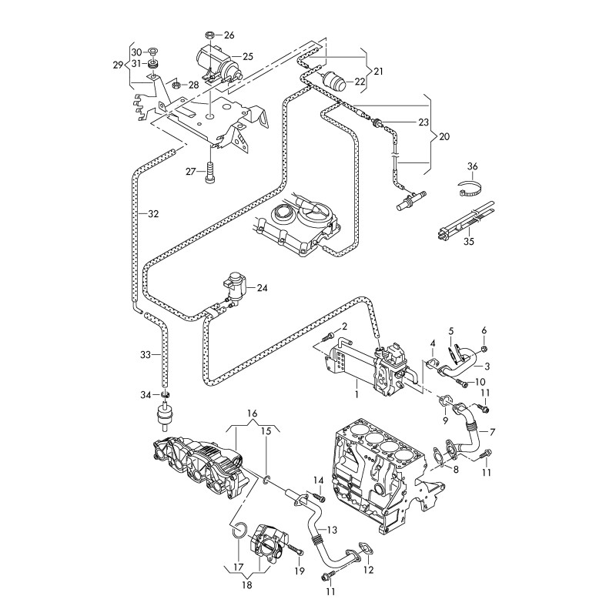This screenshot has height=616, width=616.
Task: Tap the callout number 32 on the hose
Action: (153, 213)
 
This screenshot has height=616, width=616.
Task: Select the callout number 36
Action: (473, 166)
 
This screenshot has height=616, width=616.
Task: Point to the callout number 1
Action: (357, 393)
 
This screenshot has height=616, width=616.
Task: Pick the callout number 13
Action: (333, 530)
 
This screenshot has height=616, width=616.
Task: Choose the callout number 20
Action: (444, 136)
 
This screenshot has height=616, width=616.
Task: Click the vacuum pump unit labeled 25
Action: (216, 63)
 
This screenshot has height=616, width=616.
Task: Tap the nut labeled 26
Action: (210, 35)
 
